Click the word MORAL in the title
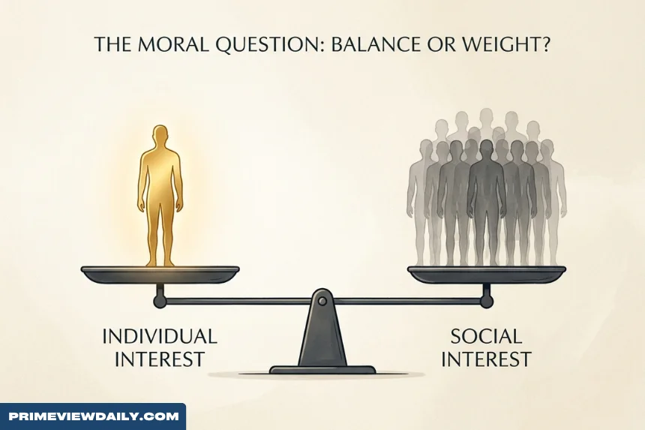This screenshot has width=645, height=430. coord(172,44)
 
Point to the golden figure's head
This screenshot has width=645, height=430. coord(160,136)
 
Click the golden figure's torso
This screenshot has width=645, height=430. coord(160,175)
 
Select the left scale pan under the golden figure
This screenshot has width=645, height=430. coord(160,275)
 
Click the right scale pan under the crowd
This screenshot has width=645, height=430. coord(487,275)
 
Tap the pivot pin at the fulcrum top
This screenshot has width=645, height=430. coord(322,302)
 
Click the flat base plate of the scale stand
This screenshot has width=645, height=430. coord(322,369)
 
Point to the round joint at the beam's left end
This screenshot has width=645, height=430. coord(160,302)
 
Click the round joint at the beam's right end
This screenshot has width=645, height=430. coord(487,302)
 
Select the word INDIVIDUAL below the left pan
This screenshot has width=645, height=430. coord(160,336)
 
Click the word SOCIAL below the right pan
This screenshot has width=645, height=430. coord(486,336)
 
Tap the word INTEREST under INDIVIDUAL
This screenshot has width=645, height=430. coord(160,359)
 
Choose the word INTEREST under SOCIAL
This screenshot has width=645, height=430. coord(486,359)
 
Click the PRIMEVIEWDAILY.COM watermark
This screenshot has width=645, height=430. coord(94,416)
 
